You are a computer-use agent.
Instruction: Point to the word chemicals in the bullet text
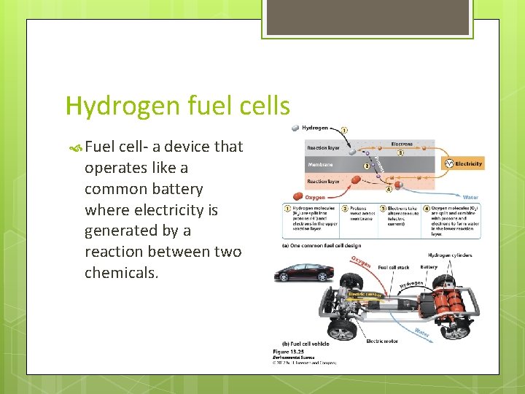click(x=121, y=273)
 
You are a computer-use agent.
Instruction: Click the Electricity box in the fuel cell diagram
click(x=465, y=164)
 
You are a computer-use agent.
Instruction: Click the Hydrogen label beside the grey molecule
click(x=315, y=128)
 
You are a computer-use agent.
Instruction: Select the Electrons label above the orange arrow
click(x=402, y=144)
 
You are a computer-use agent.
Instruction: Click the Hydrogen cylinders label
click(x=450, y=255)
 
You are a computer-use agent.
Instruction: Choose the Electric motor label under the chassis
click(x=382, y=341)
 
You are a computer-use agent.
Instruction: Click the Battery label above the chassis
click(x=429, y=267)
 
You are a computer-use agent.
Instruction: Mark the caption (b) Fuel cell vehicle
click(x=306, y=344)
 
